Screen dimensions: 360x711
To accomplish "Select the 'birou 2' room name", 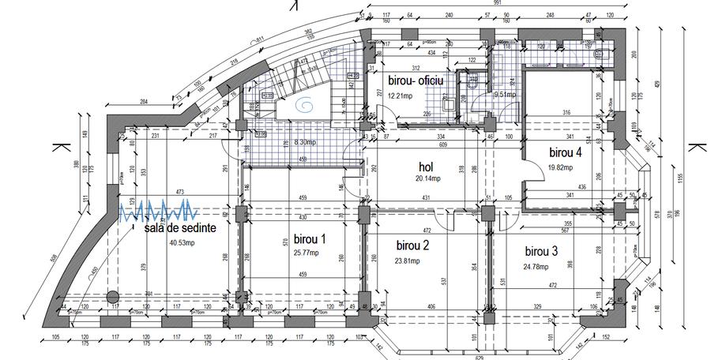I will tap(412, 246).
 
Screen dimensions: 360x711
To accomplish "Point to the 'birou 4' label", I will tap(565, 152).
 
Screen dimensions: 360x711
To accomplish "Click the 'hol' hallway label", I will tap(426, 167).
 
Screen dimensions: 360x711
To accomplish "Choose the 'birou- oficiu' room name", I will tap(416, 81).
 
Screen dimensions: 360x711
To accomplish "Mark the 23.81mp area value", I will tap(412, 260).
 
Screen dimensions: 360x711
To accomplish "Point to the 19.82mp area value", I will tap(562, 167).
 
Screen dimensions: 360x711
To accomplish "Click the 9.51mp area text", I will tap(505, 95).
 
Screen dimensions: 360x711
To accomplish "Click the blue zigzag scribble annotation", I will tap(157, 209).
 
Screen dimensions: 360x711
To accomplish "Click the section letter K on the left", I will tap(58, 148).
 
